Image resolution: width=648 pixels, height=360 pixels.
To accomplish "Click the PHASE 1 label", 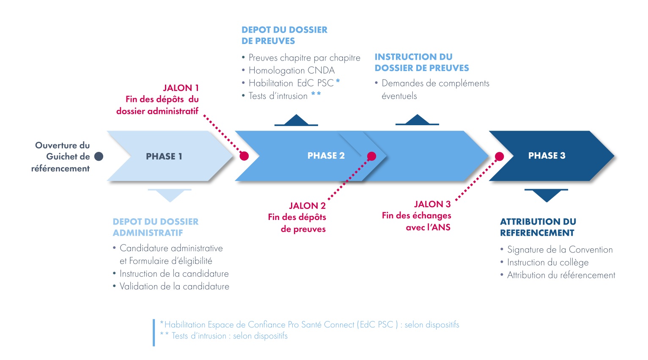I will pos(164,157).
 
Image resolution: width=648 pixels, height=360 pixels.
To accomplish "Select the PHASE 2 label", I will pos(326,156).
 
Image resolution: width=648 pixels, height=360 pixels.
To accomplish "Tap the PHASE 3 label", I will pos(546,156).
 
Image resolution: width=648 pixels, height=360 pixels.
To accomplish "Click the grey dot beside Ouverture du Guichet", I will pos(99,157).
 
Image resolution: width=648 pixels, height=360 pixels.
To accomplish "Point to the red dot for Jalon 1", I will pos(244,156).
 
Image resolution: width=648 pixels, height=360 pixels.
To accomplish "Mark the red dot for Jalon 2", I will pos(371,157).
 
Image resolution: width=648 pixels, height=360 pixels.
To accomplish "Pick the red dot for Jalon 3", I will pos(499,157).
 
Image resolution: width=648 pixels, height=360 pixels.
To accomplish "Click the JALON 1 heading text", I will pos(181,88).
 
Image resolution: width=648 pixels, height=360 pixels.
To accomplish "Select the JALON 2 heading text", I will pos(307,206).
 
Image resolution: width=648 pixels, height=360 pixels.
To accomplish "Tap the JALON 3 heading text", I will pos(432,204).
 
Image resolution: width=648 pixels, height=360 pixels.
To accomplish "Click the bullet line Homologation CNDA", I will pos(291,70).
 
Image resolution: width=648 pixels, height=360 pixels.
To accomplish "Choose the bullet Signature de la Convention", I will pos(560,250).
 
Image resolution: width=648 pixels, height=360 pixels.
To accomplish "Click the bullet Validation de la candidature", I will pos(174,286).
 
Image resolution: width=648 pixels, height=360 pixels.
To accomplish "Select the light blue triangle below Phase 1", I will pos(170,195).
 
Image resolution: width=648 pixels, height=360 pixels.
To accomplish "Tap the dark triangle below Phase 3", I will pos(546,195).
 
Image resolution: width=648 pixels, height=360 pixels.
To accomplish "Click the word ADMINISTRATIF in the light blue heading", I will pos(148,233).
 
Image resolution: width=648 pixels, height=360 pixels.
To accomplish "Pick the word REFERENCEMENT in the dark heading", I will pos(537,233).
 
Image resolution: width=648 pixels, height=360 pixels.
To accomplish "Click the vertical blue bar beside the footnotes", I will pos(154,333).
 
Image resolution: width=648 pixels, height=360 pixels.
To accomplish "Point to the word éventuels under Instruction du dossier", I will pos(399,96).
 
